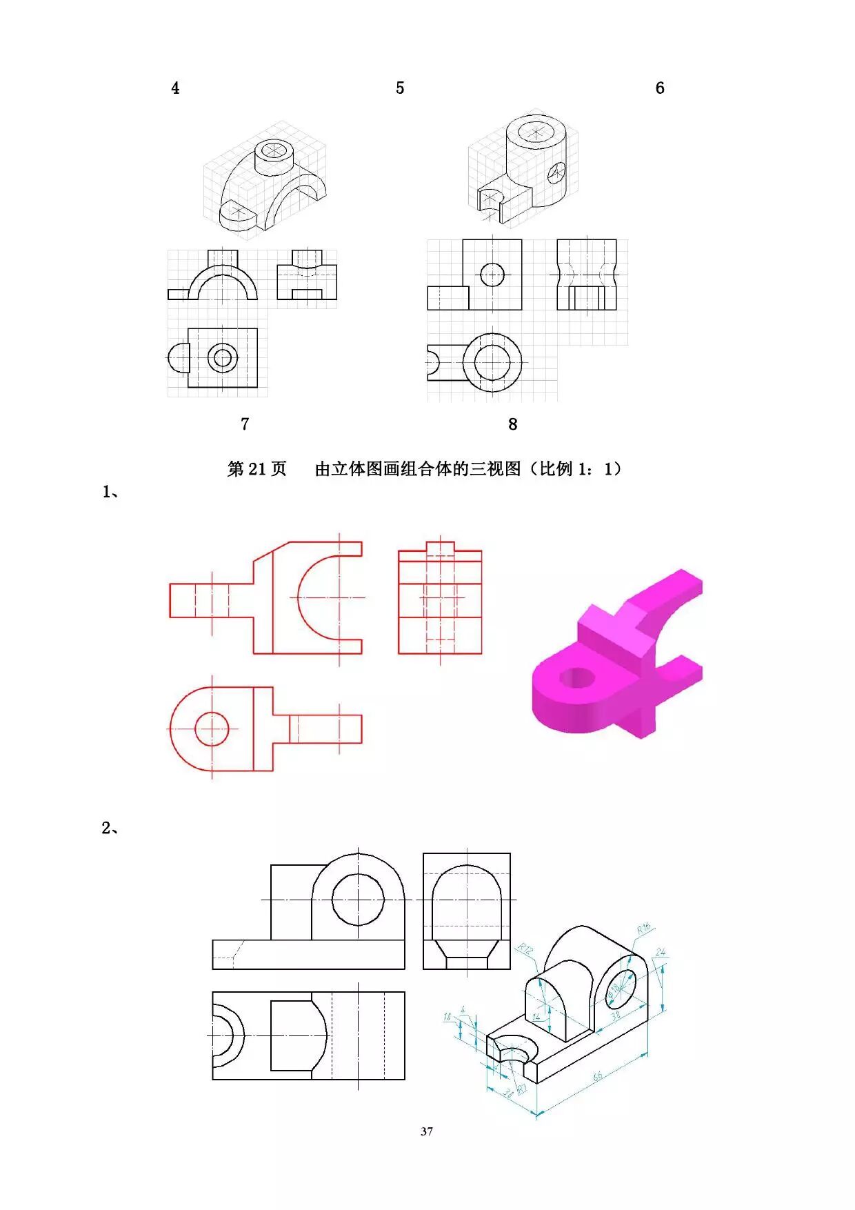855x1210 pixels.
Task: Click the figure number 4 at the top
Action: [175, 88]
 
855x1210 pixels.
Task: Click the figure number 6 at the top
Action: [660, 88]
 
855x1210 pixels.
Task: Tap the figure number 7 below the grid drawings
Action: [245, 424]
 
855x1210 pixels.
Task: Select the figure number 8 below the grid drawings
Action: [512, 424]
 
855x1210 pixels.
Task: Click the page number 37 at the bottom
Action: [427, 1131]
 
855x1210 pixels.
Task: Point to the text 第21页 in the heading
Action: [256, 469]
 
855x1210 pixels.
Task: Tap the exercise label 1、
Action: [110, 492]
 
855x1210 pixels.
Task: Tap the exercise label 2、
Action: [110, 828]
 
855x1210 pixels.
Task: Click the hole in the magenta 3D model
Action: [578, 677]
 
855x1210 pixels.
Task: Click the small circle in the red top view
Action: [212, 728]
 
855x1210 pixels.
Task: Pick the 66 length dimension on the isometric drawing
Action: [597, 1076]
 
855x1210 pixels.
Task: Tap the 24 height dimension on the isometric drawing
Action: [661, 953]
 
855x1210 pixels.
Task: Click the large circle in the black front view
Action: [358, 900]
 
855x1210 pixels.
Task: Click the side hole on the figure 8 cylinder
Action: [556, 172]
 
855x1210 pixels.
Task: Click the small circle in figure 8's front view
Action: [492, 275]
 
